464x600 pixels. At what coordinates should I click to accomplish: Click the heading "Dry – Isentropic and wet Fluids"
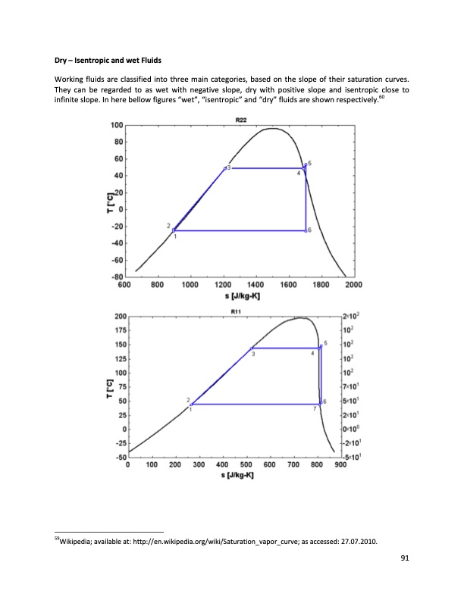[x=108, y=59]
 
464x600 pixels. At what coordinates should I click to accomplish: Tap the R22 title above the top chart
[x=241, y=120]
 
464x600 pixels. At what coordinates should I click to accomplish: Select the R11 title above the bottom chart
[x=235, y=311]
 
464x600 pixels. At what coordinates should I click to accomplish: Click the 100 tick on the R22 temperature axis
[x=118, y=125]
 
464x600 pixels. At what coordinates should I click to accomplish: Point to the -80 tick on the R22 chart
[x=118, y=277]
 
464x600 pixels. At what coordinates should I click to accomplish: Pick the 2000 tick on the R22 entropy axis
[x=353, y=286]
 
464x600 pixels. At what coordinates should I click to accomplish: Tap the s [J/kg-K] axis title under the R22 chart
[x=240, y=295]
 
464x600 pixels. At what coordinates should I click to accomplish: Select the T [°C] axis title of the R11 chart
[x=111, y=386]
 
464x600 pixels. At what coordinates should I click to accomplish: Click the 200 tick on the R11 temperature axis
[x=120, y=316]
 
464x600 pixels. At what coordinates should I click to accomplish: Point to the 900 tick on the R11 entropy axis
[x=341, y=465]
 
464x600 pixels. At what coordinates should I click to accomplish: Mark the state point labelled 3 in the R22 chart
[x=225, y=168]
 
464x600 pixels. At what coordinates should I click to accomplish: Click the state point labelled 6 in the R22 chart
[x=306, y=230]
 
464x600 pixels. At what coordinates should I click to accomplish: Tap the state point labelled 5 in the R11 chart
[x=321, y=347]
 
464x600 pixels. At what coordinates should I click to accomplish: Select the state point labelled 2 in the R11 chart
[x=191, y=404]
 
